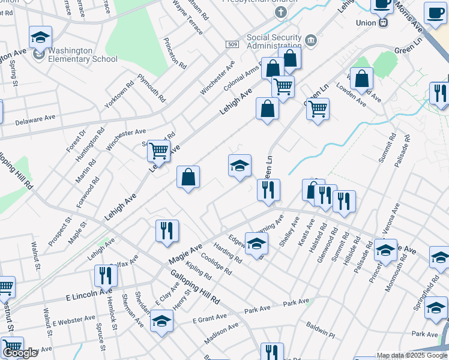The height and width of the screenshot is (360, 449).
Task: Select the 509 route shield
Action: pyautogui.click(x=233, y=44)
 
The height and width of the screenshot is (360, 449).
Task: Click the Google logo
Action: pyautogui.click(x=20, y=353)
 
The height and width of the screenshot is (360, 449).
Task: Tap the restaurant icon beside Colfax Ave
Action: pyautogui.click(x=106, y=275)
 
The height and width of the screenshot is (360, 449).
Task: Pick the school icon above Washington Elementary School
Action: pyautogui.click(x=40, y=37)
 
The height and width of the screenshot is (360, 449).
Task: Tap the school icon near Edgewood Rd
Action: pyautogui.click(x=256, y=244)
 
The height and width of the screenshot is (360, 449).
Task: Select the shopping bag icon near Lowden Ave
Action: pyautogui.click(x=361, y=79)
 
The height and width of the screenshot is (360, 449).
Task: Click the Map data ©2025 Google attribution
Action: pyautogui.click(x=412, y=355)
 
